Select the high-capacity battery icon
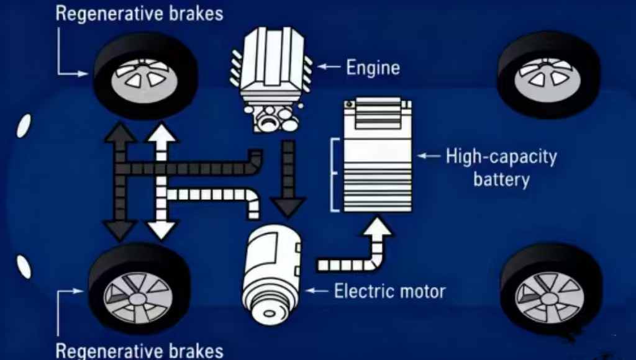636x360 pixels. [377, 155]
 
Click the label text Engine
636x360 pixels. [373, 67]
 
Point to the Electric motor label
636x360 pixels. [389, 290]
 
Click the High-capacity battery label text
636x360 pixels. [501, 168]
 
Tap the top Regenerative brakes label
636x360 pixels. [139, 14]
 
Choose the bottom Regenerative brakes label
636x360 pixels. [139, 350]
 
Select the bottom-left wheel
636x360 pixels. [139, 289]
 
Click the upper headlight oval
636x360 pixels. [24, 126]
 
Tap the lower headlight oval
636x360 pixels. [24, 266]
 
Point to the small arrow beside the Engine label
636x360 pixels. [329, 65]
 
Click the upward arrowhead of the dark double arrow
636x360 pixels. [120, 133]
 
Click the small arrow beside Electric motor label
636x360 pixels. [317, 290]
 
